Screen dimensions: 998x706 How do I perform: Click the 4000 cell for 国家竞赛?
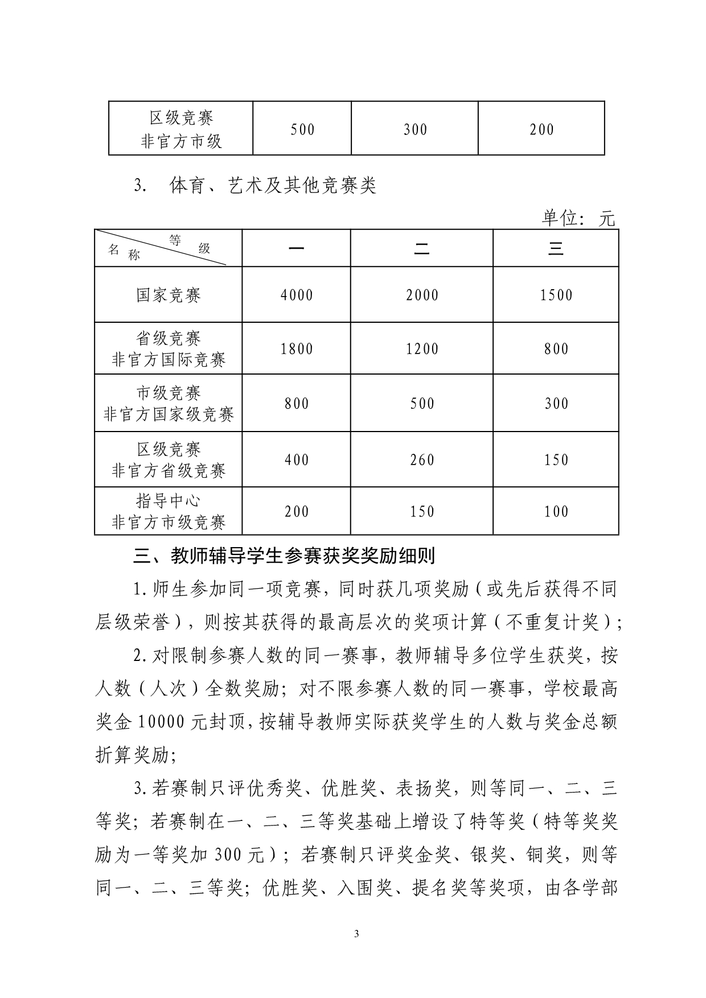tap(297, 295)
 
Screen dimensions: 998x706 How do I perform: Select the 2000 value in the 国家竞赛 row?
tap(422, 295)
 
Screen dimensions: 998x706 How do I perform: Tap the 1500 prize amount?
tap(556, 295)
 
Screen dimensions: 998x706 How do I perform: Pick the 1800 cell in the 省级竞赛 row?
tap(297, 348)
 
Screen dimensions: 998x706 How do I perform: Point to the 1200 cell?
tap(422, 348)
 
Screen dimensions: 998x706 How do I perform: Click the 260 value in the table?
tap(422, 459)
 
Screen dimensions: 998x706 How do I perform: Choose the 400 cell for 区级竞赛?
tap(297, 459)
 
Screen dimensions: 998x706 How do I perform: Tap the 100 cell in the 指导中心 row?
tap(556, 511)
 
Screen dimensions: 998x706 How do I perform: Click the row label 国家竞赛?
tap(169, 295)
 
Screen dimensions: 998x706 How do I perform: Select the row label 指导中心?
tap(169, 501)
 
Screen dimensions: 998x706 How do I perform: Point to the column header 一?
tap(297, 248)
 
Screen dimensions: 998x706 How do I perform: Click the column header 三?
tap(556, 248)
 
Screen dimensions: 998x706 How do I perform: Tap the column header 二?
tap(422, 248)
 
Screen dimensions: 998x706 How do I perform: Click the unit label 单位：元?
tap(578, 218)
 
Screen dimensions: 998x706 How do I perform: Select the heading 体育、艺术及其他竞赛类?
tap(273, 186)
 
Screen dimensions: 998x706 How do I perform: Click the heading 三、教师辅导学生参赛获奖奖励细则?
tap(284, 556)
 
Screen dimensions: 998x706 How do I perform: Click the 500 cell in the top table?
tap(302, 129)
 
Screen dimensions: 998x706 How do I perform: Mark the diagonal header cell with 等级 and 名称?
tap(169, 248)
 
